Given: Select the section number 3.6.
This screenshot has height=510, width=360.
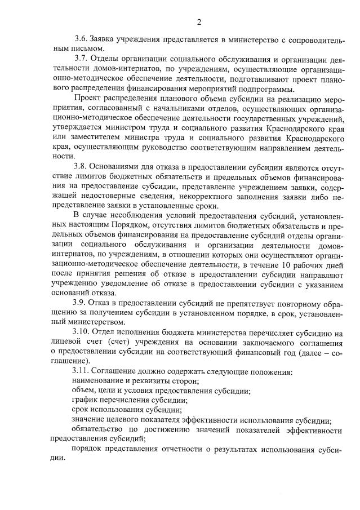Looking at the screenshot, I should [82, 40].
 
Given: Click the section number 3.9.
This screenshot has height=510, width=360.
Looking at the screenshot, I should [82, 301].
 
